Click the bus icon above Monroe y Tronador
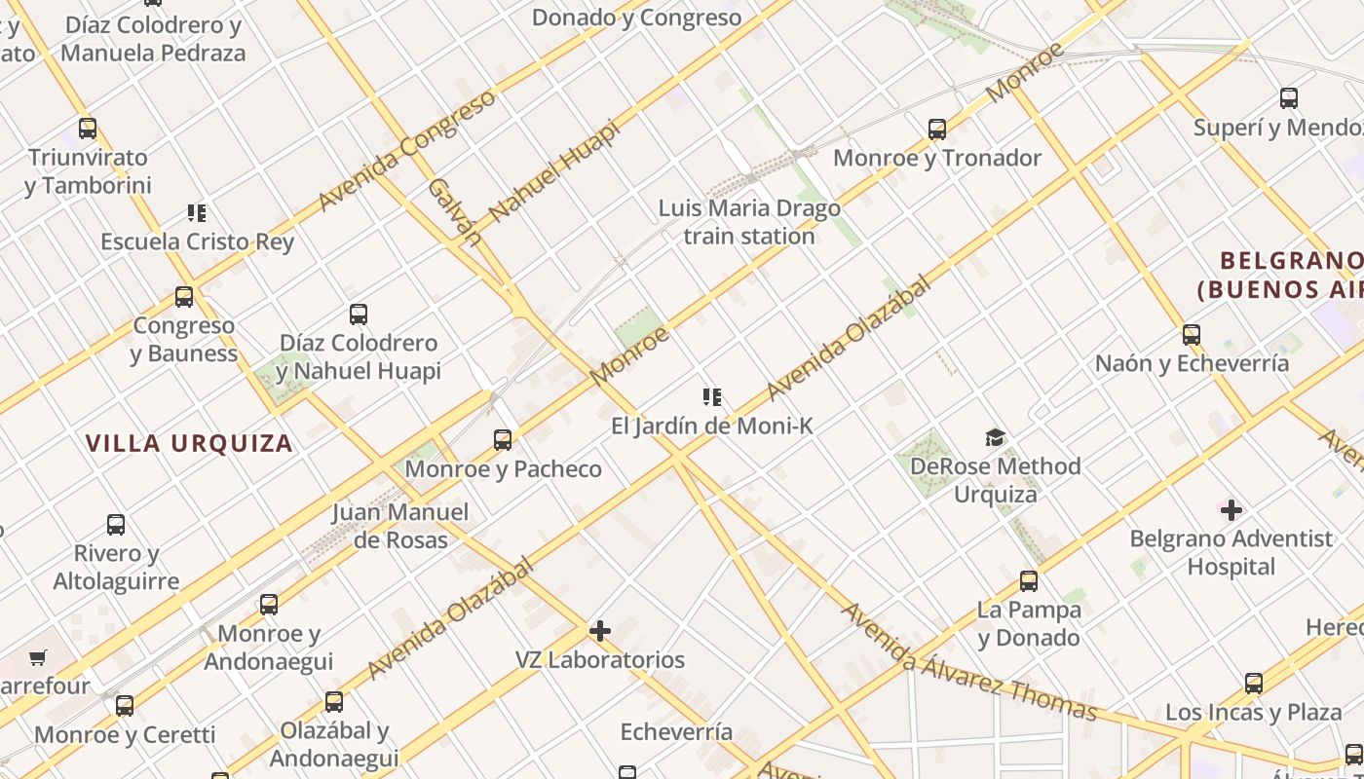coord(937,129)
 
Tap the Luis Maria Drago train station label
coord(749,222)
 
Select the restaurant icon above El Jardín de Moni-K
coord(712,396)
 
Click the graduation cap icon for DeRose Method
coord(995,437)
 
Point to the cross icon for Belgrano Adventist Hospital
coord(1231,509)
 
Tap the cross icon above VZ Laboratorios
coord(600,631)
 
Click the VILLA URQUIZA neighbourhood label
coord(189,444)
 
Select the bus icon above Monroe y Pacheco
coord(503,440)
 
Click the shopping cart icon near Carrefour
coord(37,658)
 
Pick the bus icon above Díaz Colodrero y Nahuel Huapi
coord(359,315)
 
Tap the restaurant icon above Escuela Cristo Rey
coord(197,212)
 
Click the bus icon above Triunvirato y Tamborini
coord(88,128)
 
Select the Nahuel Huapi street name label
coord(554,170)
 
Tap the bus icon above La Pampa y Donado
coord(1029,581)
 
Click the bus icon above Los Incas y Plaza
coord(1254,684)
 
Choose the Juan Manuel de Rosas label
coord(400,526)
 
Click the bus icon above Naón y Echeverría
coord(1192,335)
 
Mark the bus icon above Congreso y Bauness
coord(184,297)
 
